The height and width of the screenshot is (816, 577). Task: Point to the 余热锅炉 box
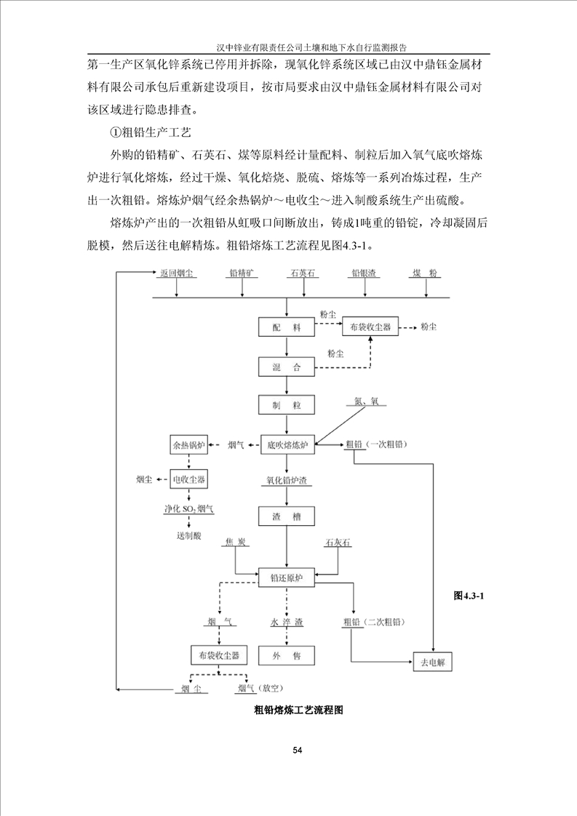tap(188, 445)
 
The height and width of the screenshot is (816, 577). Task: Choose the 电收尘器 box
tap(188, 480)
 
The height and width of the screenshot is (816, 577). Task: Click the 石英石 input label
tap(302, 273)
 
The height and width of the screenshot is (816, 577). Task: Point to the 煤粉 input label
tap(425, 273)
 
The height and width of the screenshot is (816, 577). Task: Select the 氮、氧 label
tap(366, 401)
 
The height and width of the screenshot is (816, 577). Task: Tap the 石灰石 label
tap(338, 543)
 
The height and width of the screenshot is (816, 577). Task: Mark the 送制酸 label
tap(188, 536)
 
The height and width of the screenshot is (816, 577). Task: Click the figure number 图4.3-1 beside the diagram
tap(469, 596)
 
